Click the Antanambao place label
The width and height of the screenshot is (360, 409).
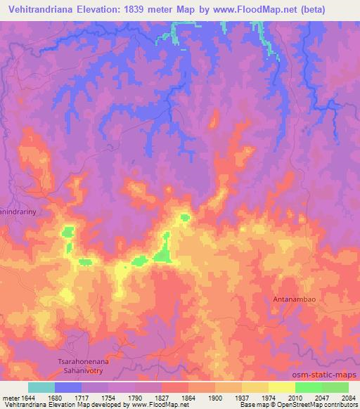293,299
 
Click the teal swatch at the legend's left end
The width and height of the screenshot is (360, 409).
41,387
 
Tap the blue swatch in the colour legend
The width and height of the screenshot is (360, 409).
68,387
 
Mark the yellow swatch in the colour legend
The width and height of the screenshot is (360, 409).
281,387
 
